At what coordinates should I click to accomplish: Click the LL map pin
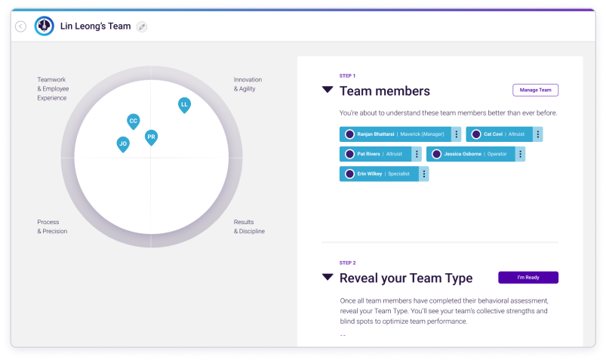(x=184, y=105)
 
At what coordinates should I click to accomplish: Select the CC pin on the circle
(x=134, y=122)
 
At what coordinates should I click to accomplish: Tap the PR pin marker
(x=151, y=137)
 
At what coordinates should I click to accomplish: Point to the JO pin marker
(x=123, y=144)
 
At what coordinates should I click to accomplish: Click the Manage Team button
(x=535, y=90)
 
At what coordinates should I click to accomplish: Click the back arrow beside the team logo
(x=21, y=26)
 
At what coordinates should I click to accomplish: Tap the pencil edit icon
(x=142, y=26)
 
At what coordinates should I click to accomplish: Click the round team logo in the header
(x=44, y=26)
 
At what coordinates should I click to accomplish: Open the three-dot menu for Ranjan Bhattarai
(x=457, y=134)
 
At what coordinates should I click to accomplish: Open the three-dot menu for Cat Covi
(x=537, y=134)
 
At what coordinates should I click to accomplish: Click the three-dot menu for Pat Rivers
(x=417, y=154)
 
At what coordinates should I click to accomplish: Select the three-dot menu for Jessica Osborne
(x=520, y=154)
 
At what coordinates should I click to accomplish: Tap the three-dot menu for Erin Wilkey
(x=423, y=174)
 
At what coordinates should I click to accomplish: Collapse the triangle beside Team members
(x=328, y=90)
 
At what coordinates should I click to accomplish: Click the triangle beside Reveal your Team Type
(x=328, y=277)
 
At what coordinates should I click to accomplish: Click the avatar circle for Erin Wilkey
(x=349, y=174)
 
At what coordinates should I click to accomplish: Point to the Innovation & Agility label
(x=248, y=85)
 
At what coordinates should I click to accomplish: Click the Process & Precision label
(x=52, y=226)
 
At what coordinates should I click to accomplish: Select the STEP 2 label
(x=347, y=263)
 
